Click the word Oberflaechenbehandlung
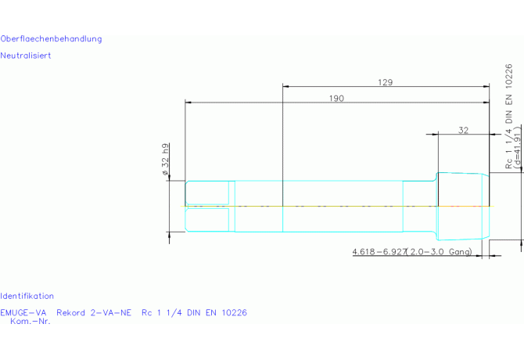tap(51, 39)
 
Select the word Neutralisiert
tap(26, 56)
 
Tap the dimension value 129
tap(386, 82)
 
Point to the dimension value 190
tap(336, 99)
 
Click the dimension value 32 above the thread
tap(463, 130)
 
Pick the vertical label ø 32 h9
tap(165, 160)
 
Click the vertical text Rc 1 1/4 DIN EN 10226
tap(508, 117)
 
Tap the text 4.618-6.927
tap(379, 251)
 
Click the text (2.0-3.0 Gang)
tap(439, 252)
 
